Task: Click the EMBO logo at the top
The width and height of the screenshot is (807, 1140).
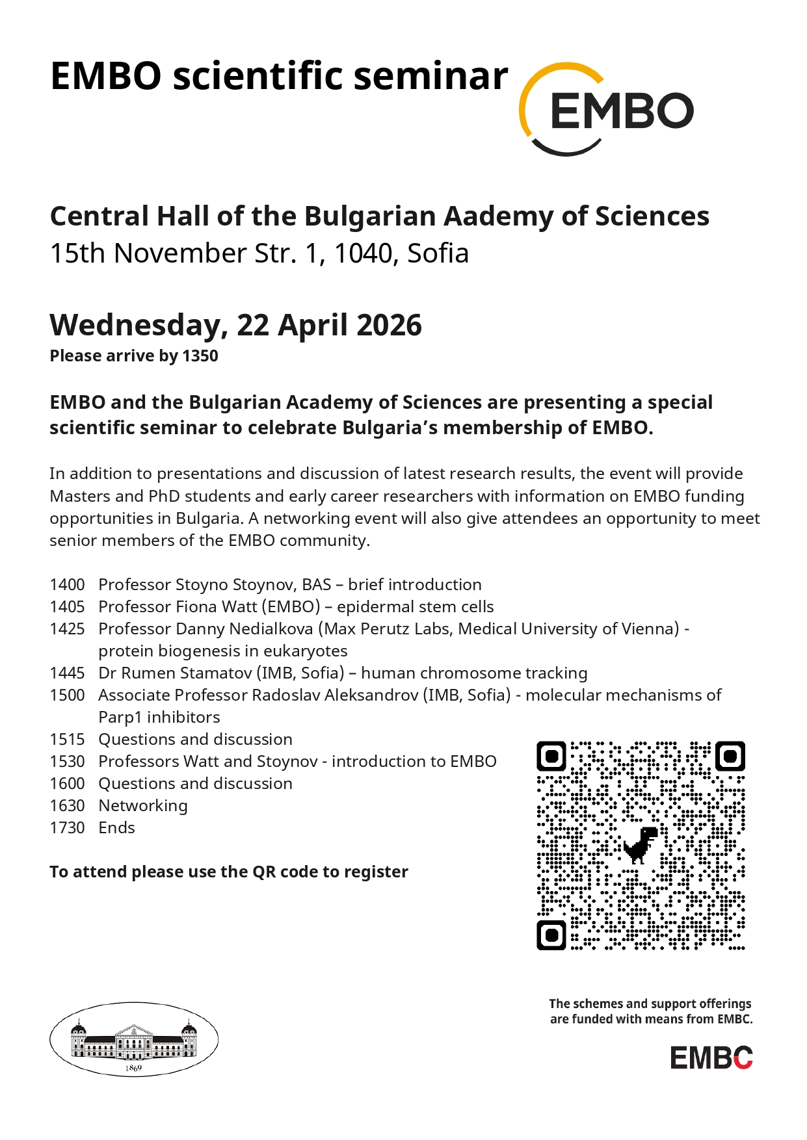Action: coord(606,109)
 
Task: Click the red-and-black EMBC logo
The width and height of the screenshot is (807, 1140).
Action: coord(711,1058)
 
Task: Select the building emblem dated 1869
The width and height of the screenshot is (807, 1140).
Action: coord(134,1039)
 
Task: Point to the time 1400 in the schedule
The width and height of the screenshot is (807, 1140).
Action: coord(67,585)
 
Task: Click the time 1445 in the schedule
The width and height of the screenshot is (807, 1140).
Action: coord(67,673)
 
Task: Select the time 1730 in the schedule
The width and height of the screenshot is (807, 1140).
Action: coord(67,828)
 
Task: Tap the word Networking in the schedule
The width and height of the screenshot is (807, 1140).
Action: coord(143,806)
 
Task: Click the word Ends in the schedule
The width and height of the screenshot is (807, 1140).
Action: coord(117,828)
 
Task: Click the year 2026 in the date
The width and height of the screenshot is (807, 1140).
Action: coord(388,325)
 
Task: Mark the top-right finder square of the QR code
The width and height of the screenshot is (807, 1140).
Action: coord(730,756)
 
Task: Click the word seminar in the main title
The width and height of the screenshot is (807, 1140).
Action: coord(430,77)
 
